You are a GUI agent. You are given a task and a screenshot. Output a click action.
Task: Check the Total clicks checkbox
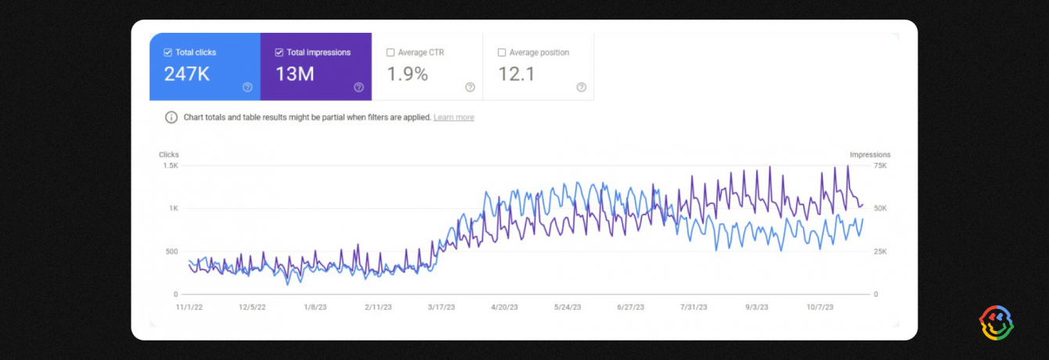coord(168,52)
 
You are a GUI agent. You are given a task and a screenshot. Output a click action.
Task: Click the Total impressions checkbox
coord(279,52)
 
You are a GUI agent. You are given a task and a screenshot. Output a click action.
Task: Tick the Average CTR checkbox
coord(391,52)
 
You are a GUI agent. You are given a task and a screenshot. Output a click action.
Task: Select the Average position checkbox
coord(502,52)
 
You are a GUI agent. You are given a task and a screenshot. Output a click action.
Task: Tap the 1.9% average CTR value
coord(408,74)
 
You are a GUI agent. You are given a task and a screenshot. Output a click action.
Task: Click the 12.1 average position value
coord(516,74)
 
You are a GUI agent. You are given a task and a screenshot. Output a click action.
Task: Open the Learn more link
coord(453,117)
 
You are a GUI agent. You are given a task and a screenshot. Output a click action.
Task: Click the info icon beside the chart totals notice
coord(171,117)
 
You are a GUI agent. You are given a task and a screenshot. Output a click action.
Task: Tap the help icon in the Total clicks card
coord(247,87)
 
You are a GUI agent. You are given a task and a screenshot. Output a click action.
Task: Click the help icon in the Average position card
coord(581,87)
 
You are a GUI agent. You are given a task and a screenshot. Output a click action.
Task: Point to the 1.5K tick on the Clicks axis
coord(170,166)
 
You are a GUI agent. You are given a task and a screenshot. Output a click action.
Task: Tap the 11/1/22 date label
coord(189,308)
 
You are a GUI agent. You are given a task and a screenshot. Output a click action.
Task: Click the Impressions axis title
coord(870,155)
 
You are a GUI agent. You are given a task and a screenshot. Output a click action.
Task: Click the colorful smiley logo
coord(997,322)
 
